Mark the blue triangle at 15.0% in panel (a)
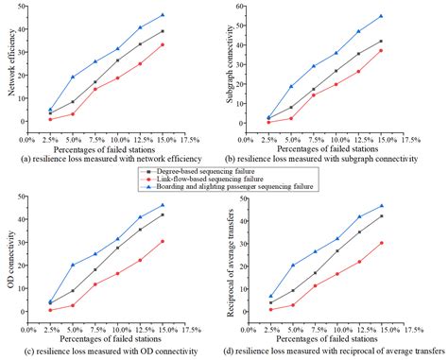click(x=163, y=15)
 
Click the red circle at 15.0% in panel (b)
click(x=381, y=50)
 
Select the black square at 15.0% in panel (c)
click(x=163, y=214)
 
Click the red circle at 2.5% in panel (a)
click(x=50, y=119)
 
